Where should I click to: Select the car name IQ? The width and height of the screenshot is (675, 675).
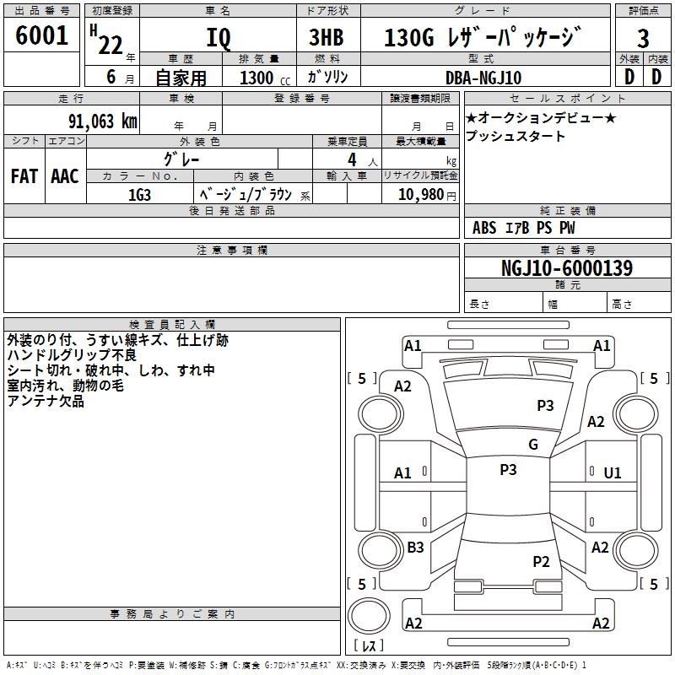(218, 38)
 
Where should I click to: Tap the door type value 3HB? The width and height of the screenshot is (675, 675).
(325, 38)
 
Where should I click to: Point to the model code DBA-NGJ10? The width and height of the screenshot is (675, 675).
(483, 78)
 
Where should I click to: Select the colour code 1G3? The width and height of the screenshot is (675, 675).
(139, 193)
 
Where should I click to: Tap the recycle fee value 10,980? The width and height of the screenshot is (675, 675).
(420, 194)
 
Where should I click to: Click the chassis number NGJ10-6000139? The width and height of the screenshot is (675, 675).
(566, 268)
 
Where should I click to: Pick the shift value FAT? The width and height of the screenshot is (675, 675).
(24, 176)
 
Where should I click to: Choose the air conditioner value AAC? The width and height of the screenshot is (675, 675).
(65, 176)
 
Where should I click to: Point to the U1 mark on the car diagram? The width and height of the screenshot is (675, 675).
(613, 473)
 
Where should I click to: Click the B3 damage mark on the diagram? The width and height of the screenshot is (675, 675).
(415, 548)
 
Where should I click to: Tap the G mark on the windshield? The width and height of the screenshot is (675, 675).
(533, 445)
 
